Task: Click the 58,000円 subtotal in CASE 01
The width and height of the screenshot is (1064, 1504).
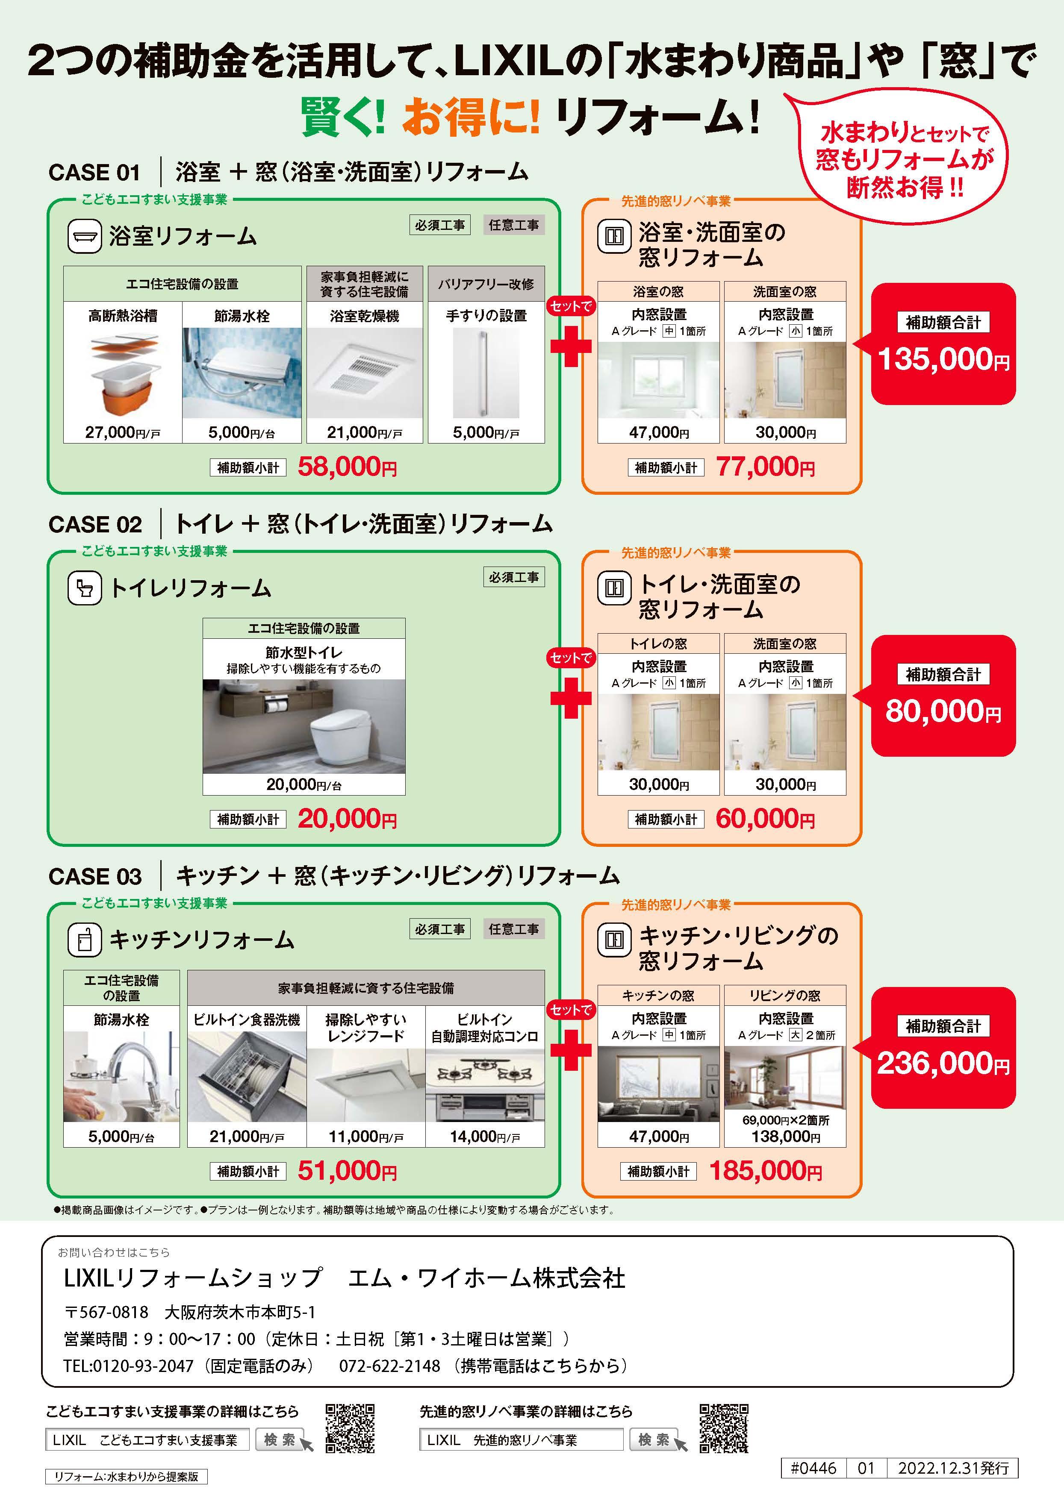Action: [x=347, y=467]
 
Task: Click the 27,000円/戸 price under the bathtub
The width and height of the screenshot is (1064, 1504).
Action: [x=123, y=432]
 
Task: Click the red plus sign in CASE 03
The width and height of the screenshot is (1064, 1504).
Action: [x=571, y=1050]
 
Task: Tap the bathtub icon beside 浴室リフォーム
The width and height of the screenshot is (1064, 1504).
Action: [x=85, y=236]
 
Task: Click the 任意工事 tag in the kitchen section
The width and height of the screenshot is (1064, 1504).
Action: [x=514, y=929]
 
